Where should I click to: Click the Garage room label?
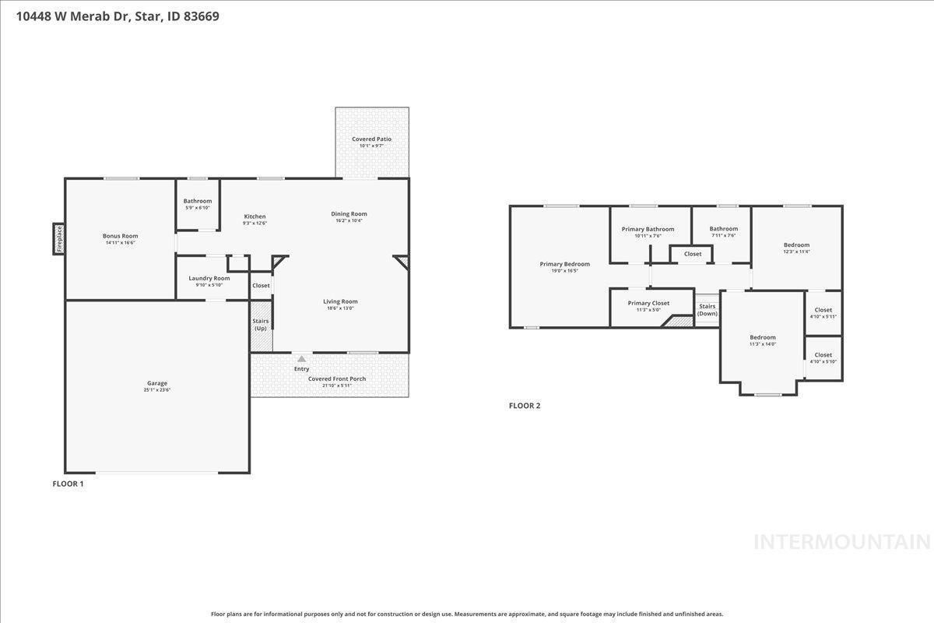pyautogui.click(x=157, y=383)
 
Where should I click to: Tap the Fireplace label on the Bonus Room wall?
pyautogui.click(x=58, y=238)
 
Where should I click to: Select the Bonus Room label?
pyautogui.click(x=120, y=236)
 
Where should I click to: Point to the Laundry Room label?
pyautogui.click(x=209, y=278)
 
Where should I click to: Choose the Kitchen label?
pyautogui.click(x=255, y=216)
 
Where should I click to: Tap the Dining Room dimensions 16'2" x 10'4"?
pyautogui.click(x=349, y=220)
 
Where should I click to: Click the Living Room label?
pyautogui.click(x=340, y=301)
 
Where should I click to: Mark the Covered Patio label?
pyautogui.click(x=371, y=139)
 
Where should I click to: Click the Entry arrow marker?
pyautogui.click(x=301, y=359)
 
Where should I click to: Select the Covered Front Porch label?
pyautogui.click(x=336, y=378)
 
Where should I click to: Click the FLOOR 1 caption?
pyautogui.click(x=68, y=484)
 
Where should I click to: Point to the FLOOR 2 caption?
pyautogui.click(x=524, y=406)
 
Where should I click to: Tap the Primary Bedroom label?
pyautogui.click(x=564, y=264)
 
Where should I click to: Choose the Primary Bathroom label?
pyautogui.click(x=648, y=229)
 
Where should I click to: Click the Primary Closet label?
pyautogui.click(x=648, y=303)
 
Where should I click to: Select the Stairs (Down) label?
pyautogui.click(x=707, y=309)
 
